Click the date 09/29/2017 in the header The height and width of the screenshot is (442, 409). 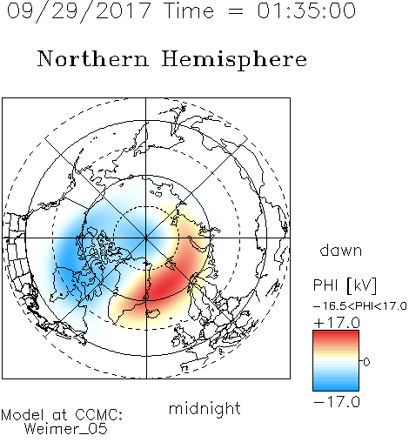pyautogui.click(x=78, y=11)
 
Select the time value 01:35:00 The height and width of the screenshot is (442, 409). pyautogui.click(x=306, y=10)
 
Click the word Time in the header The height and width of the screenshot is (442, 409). pyautogui.click(x=189, y=10)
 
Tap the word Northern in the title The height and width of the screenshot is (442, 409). pyautogui.click(x=93, y=58)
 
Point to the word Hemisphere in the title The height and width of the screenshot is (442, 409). pyautogui.click(x=234, y=60)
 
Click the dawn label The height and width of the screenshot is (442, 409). pyautogui.click(x=341, y=250)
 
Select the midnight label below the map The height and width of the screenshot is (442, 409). pyautogui.click(x=204, y=410)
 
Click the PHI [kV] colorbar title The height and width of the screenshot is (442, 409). pyautogui.click(x=345, y=285)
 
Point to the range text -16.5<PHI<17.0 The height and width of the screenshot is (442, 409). pyautogui.click(x=360, y=306)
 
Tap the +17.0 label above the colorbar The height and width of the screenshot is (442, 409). pyautogui.click(x=337, y=323)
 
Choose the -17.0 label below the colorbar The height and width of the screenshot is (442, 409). pyautogui.click(x=337, y=402)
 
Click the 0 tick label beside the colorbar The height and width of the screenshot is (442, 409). pyautogui.click(x=366, y=362)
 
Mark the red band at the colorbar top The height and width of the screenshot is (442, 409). pyautogui.click(x=336, y=337)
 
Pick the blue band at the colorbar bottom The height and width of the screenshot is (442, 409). pyautogui.click(x=336, y=385)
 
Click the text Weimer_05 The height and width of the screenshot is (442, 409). pyautogui.click(x=66, y=429)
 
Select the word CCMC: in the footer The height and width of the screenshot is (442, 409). pyautogui.click(x=99, y=415)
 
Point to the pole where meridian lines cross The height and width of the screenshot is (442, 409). pyautogui.click(x=146, y=238)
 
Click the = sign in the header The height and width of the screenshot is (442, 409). pyautogui.click(x=235, y=11)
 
